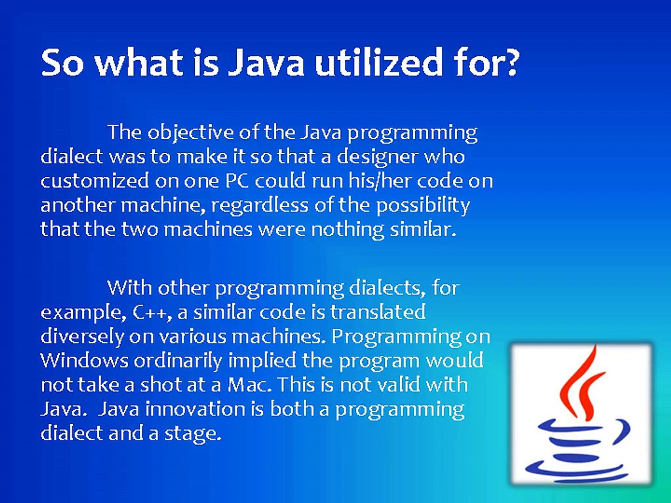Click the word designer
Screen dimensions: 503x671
tap(377, 157)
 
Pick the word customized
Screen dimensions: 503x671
tap(95, 181)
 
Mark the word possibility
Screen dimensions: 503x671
tap(423, 206)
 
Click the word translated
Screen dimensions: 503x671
tap(378, 312)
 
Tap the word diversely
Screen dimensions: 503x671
tap(82, 337)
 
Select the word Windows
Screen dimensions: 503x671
tap(84, 360)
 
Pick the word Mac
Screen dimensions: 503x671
tap(249, 385)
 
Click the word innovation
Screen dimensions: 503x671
tap(195, 409)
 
